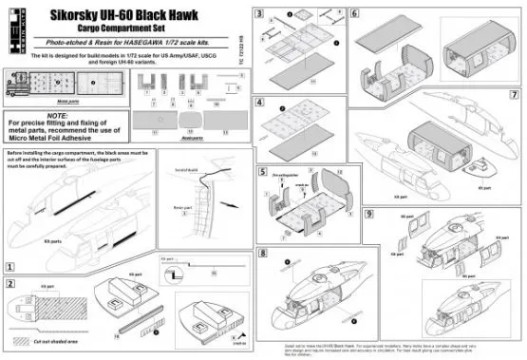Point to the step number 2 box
pyautogui.click(x=11, y=284)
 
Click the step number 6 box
pyautogui.click(x=353, y=13)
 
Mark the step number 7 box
pyautogui.click(x=514, y=95)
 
